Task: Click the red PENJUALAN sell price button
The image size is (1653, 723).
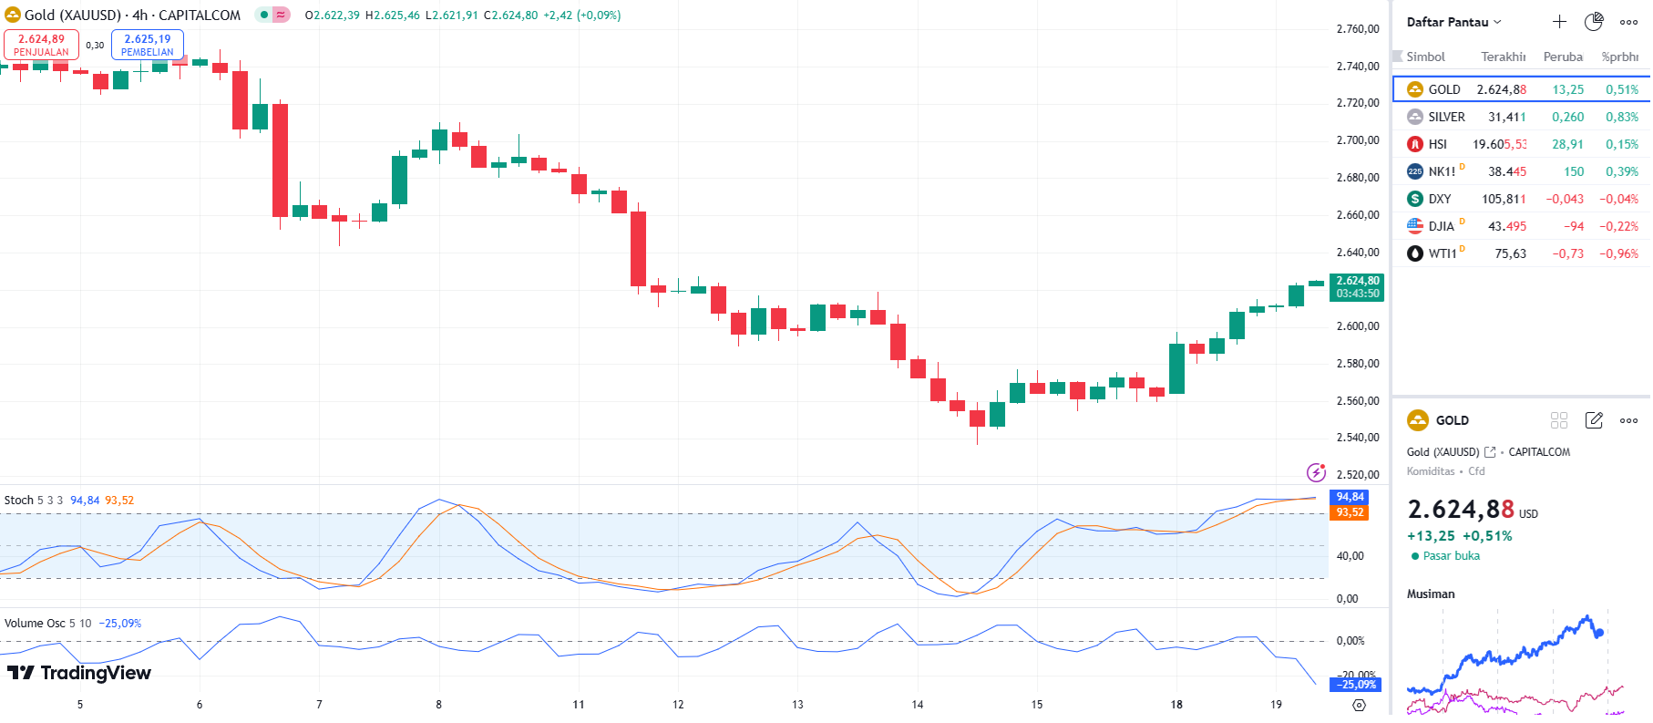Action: coord(41,45)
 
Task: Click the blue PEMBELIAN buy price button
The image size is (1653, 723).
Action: coord(147,45)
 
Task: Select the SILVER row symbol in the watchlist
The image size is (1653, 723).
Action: coord(1446,117)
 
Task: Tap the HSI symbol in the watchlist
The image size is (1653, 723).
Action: coord(1437,144)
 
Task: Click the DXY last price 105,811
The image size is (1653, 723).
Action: coord(1503,199)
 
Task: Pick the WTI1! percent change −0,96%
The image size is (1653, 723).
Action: coord(1618,253)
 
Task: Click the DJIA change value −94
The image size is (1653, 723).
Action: coord(1573,226)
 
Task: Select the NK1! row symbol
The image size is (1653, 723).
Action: coord(1441,171)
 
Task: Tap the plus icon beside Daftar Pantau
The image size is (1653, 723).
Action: coord(1559,22)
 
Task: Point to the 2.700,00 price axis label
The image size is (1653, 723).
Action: coord(1357,140)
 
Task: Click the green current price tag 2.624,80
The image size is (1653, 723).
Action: coord(1357,287)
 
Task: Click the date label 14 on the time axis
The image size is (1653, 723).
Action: coord(917,705)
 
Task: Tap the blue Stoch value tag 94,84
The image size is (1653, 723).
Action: coord(1350,497)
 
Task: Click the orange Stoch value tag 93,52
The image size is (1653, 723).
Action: coord(1350,512)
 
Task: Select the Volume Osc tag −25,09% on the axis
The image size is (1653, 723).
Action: coord(1357,685)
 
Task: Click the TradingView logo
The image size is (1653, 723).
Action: coord(79,673)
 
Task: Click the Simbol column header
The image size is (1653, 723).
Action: coord(1425,57)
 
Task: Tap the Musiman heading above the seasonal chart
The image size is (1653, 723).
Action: coord(1431,594)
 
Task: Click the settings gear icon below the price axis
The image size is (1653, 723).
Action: coord(1359,705)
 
